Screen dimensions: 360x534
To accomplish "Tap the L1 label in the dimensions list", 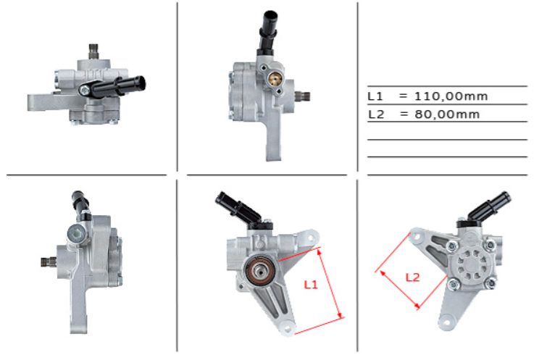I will pos(375,96).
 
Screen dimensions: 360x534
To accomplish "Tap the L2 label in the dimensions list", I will pos(375,114).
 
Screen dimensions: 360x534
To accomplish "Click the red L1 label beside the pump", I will pos(310,285).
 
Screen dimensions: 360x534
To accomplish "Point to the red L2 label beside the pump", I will pos(412,276).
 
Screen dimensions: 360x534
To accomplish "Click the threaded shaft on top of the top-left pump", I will pos(93,51).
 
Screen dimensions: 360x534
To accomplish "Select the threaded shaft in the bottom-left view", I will pos(48,261).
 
